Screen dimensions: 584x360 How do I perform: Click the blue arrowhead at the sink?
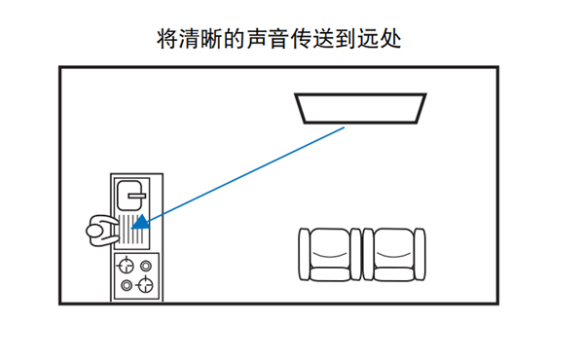point(141,223)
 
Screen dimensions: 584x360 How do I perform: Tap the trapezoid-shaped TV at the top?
point(360,108)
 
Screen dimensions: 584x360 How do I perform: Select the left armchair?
point(330,255)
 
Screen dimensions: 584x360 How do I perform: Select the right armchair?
point(394,255)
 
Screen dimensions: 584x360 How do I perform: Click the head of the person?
point(93,231)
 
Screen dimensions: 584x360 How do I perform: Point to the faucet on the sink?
point(136,195)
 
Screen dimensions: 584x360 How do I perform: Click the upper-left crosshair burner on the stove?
point(126,266)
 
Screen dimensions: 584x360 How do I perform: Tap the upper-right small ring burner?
point(146,266)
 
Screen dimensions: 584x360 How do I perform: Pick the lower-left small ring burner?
point(127,285)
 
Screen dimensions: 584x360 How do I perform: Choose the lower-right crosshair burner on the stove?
point(145,285)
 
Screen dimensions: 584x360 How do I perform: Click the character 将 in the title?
point(167,39)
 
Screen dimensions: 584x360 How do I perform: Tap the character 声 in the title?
point(257,39)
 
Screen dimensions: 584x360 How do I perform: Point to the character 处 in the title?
point(390,39)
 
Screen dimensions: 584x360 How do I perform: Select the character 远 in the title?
point(368,39)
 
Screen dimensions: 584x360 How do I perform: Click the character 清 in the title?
point(190,39)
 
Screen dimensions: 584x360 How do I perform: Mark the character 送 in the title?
point(324,39)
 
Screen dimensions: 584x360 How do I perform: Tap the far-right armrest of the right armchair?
point(420,254)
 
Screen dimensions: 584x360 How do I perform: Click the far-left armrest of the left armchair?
point(305,254)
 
